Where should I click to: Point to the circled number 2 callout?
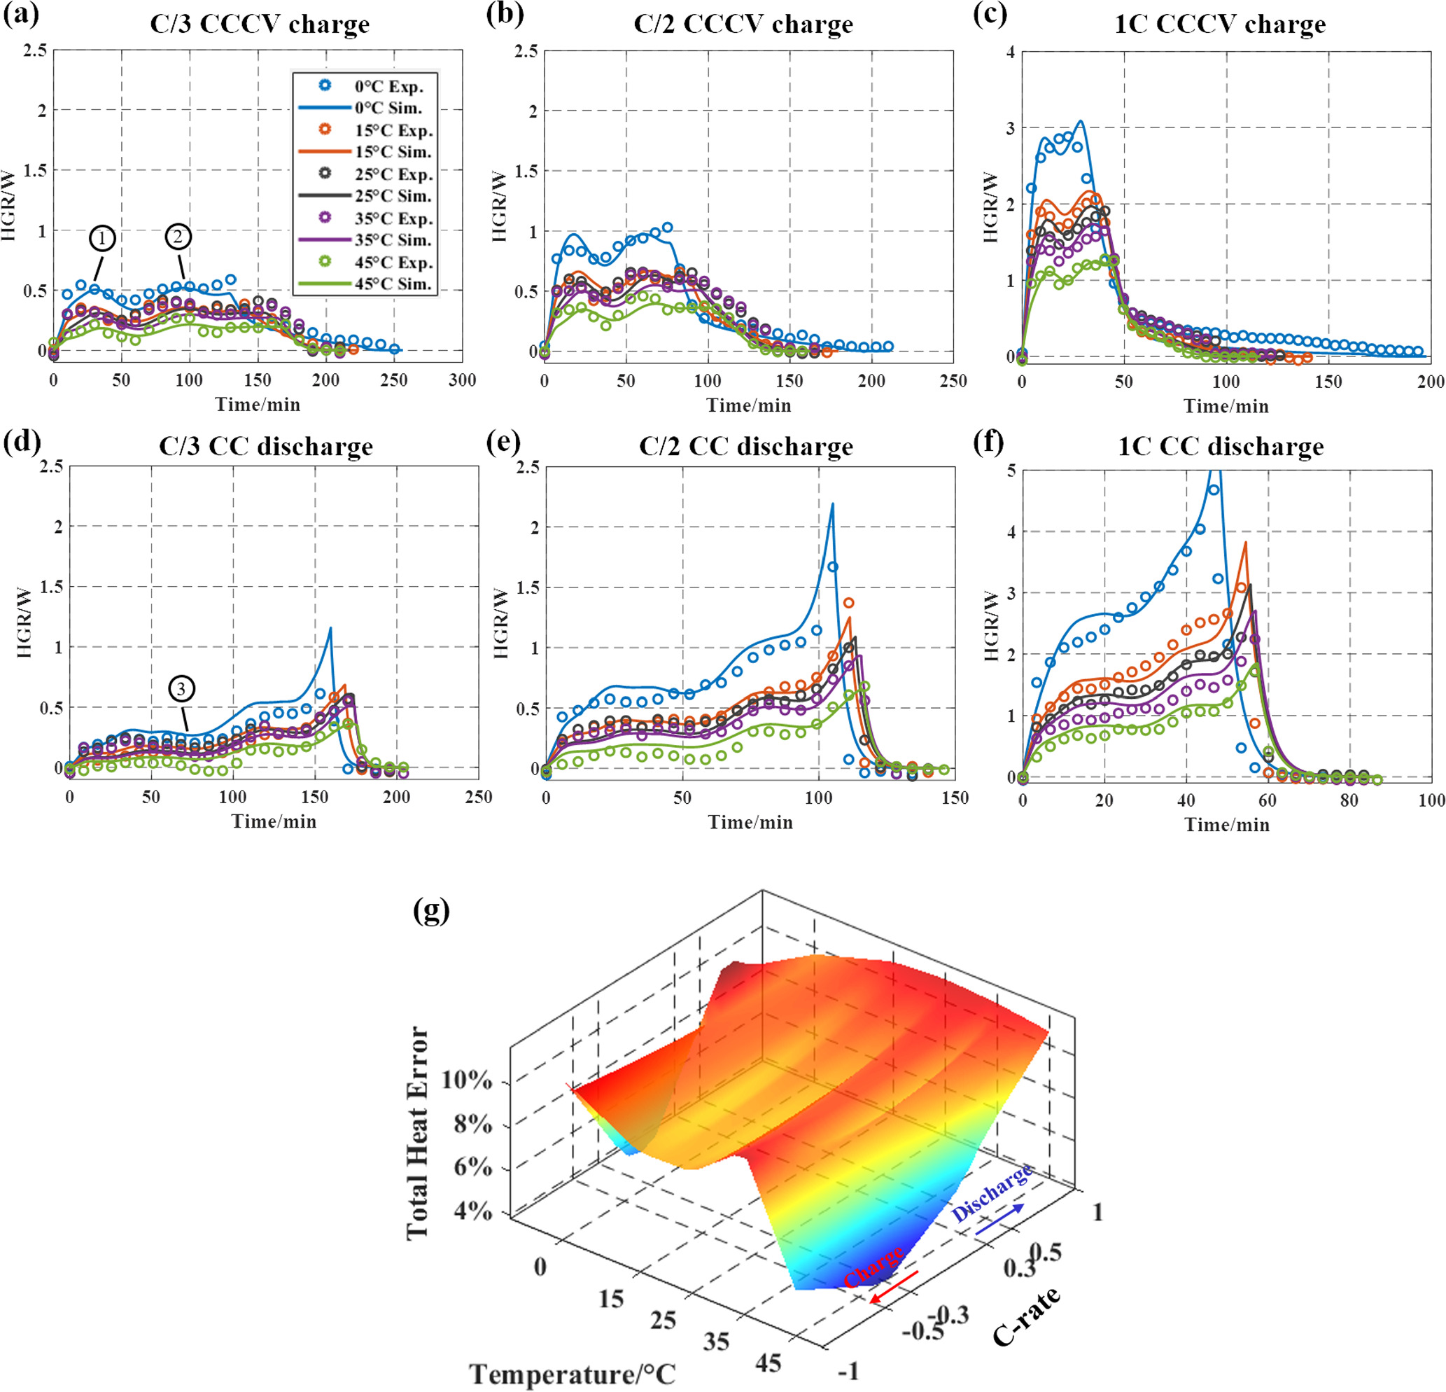[x=178, y=236]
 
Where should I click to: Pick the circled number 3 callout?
[x=181, y=688]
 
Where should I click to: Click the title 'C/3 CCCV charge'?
[x=260, y=24]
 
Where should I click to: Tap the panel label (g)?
[x=432, y=912]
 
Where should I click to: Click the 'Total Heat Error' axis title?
[x=419, y=1133]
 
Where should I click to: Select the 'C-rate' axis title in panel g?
[x=1026, y=1315]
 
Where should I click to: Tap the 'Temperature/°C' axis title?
[x=573, y=1374]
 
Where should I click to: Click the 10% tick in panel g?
[x=466, y=1080]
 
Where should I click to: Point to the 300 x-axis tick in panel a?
[x=462, y=380]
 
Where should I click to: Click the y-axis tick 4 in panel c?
[x=1010, y=53]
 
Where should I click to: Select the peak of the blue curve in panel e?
[x=832, y=505]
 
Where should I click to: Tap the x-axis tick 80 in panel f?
[x=1349, y=800]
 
